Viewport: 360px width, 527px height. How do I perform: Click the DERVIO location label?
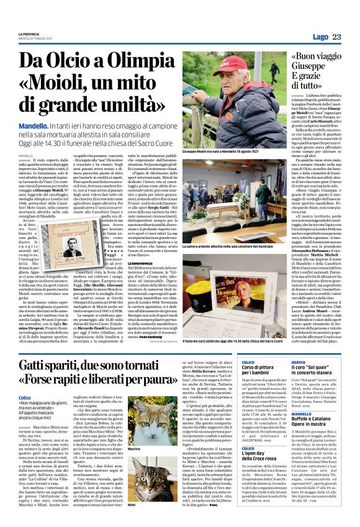tap(299, 361)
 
